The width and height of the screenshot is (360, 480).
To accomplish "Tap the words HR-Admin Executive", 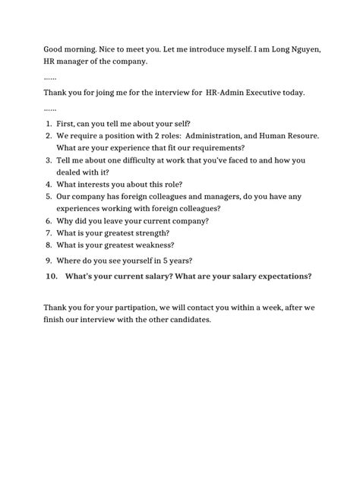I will [x=244, y=93].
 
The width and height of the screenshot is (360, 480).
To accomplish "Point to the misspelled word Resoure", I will [x=300, y=135].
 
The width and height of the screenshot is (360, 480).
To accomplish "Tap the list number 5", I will [x=48, y=196].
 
